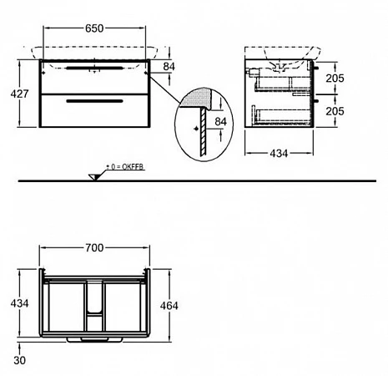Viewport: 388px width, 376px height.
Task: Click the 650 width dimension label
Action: point(94,28)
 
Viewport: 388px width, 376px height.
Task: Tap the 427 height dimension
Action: point(19,94)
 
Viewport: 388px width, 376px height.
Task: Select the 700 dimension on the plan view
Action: point(94,248)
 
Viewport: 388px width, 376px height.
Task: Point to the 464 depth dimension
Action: point(169,306)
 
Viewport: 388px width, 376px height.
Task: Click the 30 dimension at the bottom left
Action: point(19,360)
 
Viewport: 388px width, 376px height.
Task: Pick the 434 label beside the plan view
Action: point(19,303)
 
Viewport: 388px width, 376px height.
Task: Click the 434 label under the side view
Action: point(279,153)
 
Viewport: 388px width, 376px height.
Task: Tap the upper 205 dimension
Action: point(335,79)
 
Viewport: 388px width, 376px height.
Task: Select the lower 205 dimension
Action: point(335,111)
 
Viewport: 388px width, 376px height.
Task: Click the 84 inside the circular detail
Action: point(220,122)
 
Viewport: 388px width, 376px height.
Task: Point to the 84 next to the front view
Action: point(169,67)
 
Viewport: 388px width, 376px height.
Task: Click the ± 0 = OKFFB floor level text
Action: point(125,167)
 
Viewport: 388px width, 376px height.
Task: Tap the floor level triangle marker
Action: point(93,177)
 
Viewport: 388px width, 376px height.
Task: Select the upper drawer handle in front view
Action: point(94,68)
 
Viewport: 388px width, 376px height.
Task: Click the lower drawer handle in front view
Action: point(94,101)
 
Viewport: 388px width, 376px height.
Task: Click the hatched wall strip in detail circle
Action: point(204,132)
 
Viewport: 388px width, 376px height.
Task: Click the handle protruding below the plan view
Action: point(94,339)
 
